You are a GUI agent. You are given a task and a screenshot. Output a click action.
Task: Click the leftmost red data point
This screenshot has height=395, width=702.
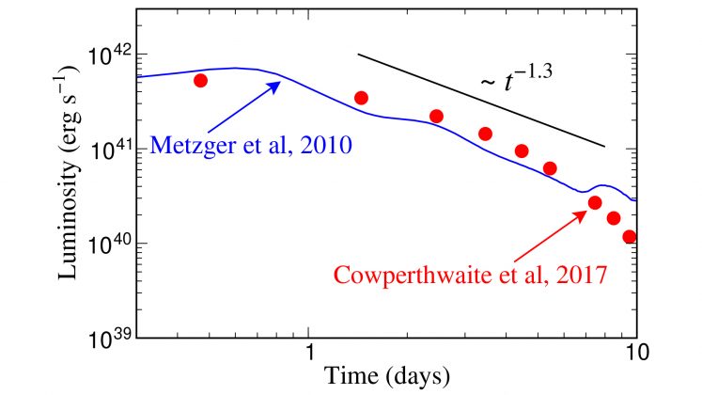tap(200, 81)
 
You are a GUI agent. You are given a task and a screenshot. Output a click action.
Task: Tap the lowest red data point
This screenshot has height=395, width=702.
tap(630, 237)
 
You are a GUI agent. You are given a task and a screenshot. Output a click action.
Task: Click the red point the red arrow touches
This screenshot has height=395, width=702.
tap(595, 202)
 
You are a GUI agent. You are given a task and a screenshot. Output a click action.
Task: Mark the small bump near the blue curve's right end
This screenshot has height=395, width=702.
tap(604, 186)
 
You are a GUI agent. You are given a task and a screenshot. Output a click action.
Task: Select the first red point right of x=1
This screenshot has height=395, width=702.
tap(361, 98)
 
